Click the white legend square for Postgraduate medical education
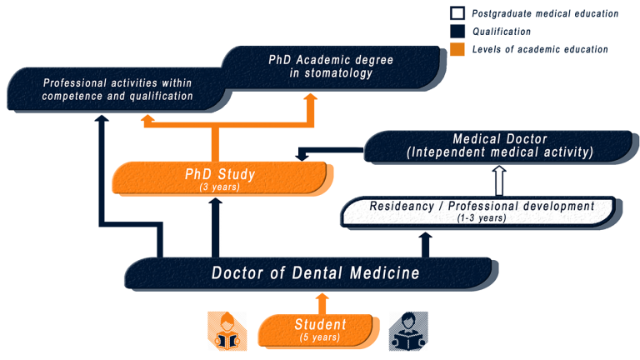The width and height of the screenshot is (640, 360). pyautogui.click(x=457, y=13)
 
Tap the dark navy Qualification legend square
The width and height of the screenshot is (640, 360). pyautogui.click(x=457, y=31)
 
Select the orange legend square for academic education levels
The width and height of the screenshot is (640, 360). pyautogui.click(x=457, y=49)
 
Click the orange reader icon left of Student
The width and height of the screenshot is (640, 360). pyautogui.click(x=227, y=331)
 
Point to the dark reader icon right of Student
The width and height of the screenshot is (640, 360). pyautogui.click(x=408, y=331)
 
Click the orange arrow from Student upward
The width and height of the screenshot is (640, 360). pyautogui.click(x=322, y=303)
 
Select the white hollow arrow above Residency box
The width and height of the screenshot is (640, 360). pyautogui.click(x=499, y=181)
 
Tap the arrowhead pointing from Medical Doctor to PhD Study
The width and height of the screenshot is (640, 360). pyautogui.click(x=302, y=156)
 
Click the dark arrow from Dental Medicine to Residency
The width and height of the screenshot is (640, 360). pyautogui.click(x=425, y=245)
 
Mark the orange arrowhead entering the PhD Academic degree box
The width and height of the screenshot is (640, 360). pyautogui.click(x=311, y=98)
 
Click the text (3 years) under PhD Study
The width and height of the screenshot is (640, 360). pyautogui.click(x=220, y=187)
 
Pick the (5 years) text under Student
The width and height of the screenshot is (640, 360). pyautogui.click(x=320, y=337)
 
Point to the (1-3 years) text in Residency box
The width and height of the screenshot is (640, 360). pyautogui.click(x=482, y=218)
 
